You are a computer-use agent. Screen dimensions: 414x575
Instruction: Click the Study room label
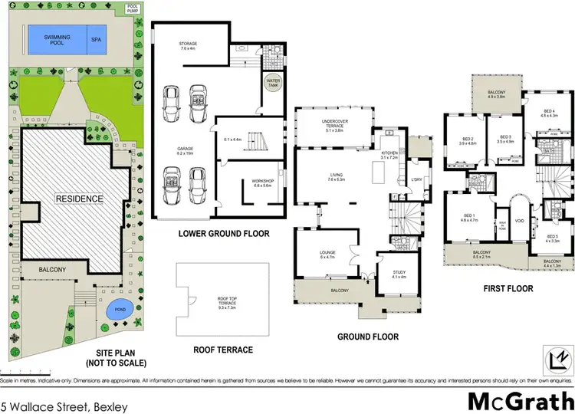[x=399, y=274]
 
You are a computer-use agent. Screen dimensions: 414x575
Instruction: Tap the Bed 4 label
[x=550, y=113]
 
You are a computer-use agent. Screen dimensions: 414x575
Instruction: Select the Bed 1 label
[x=468, y=217]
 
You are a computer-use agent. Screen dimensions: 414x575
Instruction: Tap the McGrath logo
[x=521, y=400]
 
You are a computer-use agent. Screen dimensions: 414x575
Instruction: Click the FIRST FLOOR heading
[x=508, y=289]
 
